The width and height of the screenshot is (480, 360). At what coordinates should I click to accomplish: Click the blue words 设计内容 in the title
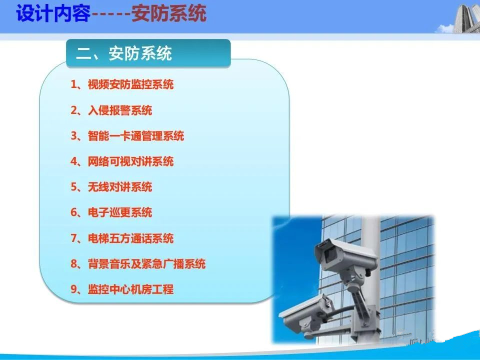coord(53,14)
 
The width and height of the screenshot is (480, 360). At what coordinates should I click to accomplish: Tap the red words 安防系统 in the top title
coord(169,14)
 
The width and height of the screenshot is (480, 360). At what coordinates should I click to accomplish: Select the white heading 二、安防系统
coord(123,53)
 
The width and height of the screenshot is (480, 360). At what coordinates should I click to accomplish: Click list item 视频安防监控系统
coord(130,84)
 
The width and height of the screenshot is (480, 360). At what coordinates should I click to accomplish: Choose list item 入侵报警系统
coord(120,110)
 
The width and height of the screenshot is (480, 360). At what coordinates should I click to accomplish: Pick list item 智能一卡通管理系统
coord(136,136)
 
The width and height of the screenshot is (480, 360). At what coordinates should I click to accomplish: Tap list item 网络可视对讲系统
coord(130,161)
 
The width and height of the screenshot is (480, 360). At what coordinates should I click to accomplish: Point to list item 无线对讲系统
coord(120,186)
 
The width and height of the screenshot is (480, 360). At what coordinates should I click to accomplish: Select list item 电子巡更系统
coord(120,212)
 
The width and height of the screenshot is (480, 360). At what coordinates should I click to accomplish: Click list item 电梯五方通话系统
coord(130,238)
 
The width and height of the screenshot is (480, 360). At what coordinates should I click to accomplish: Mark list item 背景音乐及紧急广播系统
coord(146,263)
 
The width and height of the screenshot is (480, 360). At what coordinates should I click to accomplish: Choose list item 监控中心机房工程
coord(130,289)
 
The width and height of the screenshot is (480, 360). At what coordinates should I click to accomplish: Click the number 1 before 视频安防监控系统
coord(74,84)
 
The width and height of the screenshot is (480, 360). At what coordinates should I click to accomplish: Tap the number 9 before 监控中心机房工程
coord(74,289)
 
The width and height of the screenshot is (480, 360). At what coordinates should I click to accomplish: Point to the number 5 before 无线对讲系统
coord(74,186)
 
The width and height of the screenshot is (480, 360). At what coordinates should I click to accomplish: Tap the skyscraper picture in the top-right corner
coord(466,18)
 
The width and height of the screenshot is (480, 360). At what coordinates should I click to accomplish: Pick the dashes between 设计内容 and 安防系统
coord(111,14)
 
